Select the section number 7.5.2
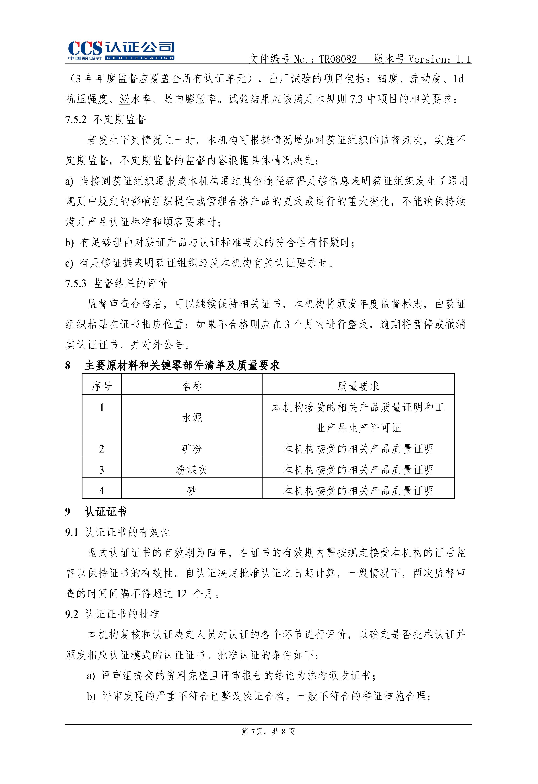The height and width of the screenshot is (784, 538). [x=76, y=119]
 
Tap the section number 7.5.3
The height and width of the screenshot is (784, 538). [x=76, y=283]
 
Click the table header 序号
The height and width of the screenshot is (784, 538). [x=102, y=386]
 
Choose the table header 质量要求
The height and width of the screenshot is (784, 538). [x=358, y=386]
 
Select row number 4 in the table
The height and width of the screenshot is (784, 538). [x=102, y=491]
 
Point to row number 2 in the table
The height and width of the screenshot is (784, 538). [x=102, y=449]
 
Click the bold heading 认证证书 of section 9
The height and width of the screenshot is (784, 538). [x=106, y=512]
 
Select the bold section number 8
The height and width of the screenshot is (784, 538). [x=68, y=365]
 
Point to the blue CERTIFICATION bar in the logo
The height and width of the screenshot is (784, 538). [x=140, y=58]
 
